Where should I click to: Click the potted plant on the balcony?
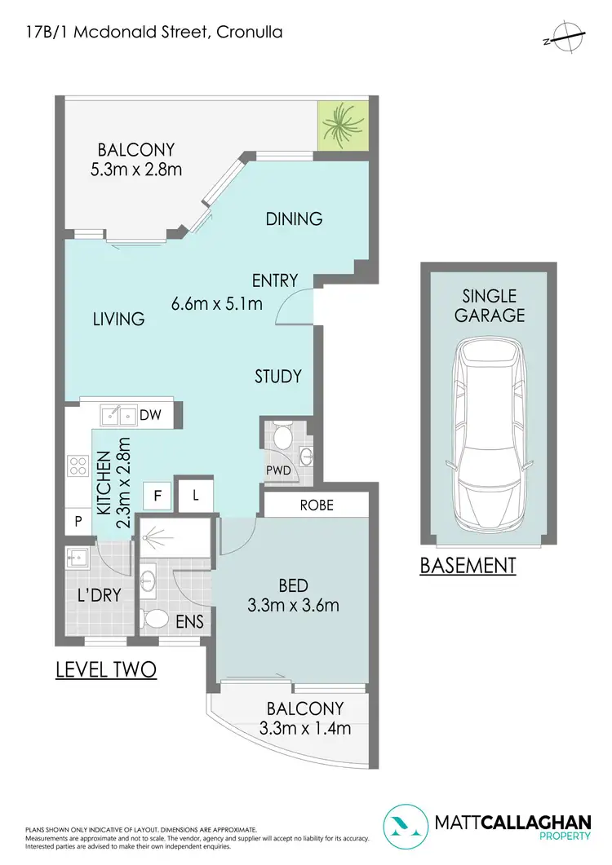343,126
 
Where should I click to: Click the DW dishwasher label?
151,416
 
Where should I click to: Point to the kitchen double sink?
119,416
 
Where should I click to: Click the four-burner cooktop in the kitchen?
78,466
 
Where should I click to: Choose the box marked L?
196,495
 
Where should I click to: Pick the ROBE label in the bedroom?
317,505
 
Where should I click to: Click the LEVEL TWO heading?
105,670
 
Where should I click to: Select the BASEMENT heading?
468,565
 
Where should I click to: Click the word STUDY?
278,376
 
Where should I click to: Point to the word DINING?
294,218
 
